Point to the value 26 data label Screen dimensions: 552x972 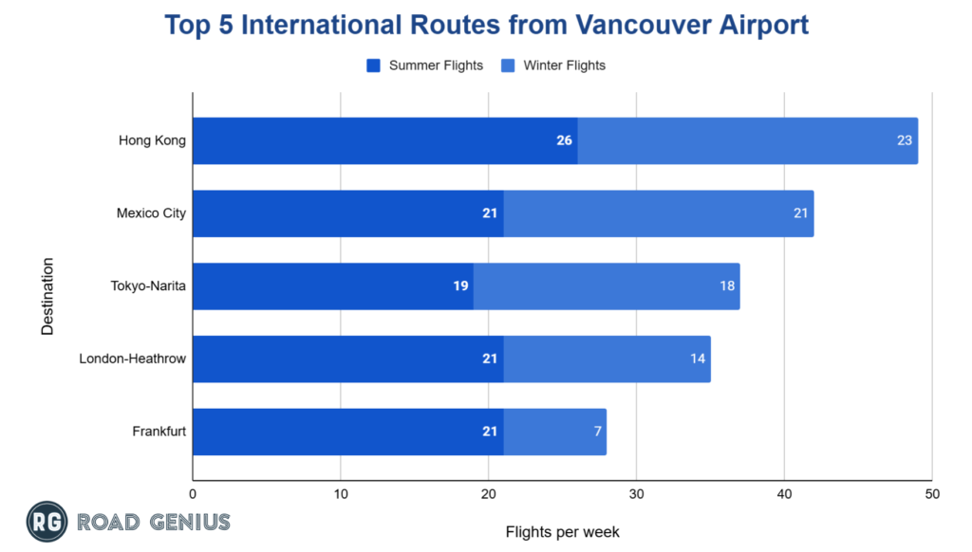click(x=564, y=140)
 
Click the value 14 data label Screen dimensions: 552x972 click(x=698, y=359)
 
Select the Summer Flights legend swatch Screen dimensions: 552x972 click(x=373, y=65)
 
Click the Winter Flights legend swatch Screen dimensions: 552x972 click(x=508, y=65)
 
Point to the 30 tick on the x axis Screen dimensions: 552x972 click(x=636, y=494)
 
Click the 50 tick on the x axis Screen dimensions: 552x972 click(x=931, y=494)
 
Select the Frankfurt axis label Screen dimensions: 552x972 click(x=159, y=432)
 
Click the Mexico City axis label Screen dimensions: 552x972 click(x=151, y=213)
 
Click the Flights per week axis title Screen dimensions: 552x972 click(x=562, y=531)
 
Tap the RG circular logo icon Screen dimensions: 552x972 click(x=45, y=521)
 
